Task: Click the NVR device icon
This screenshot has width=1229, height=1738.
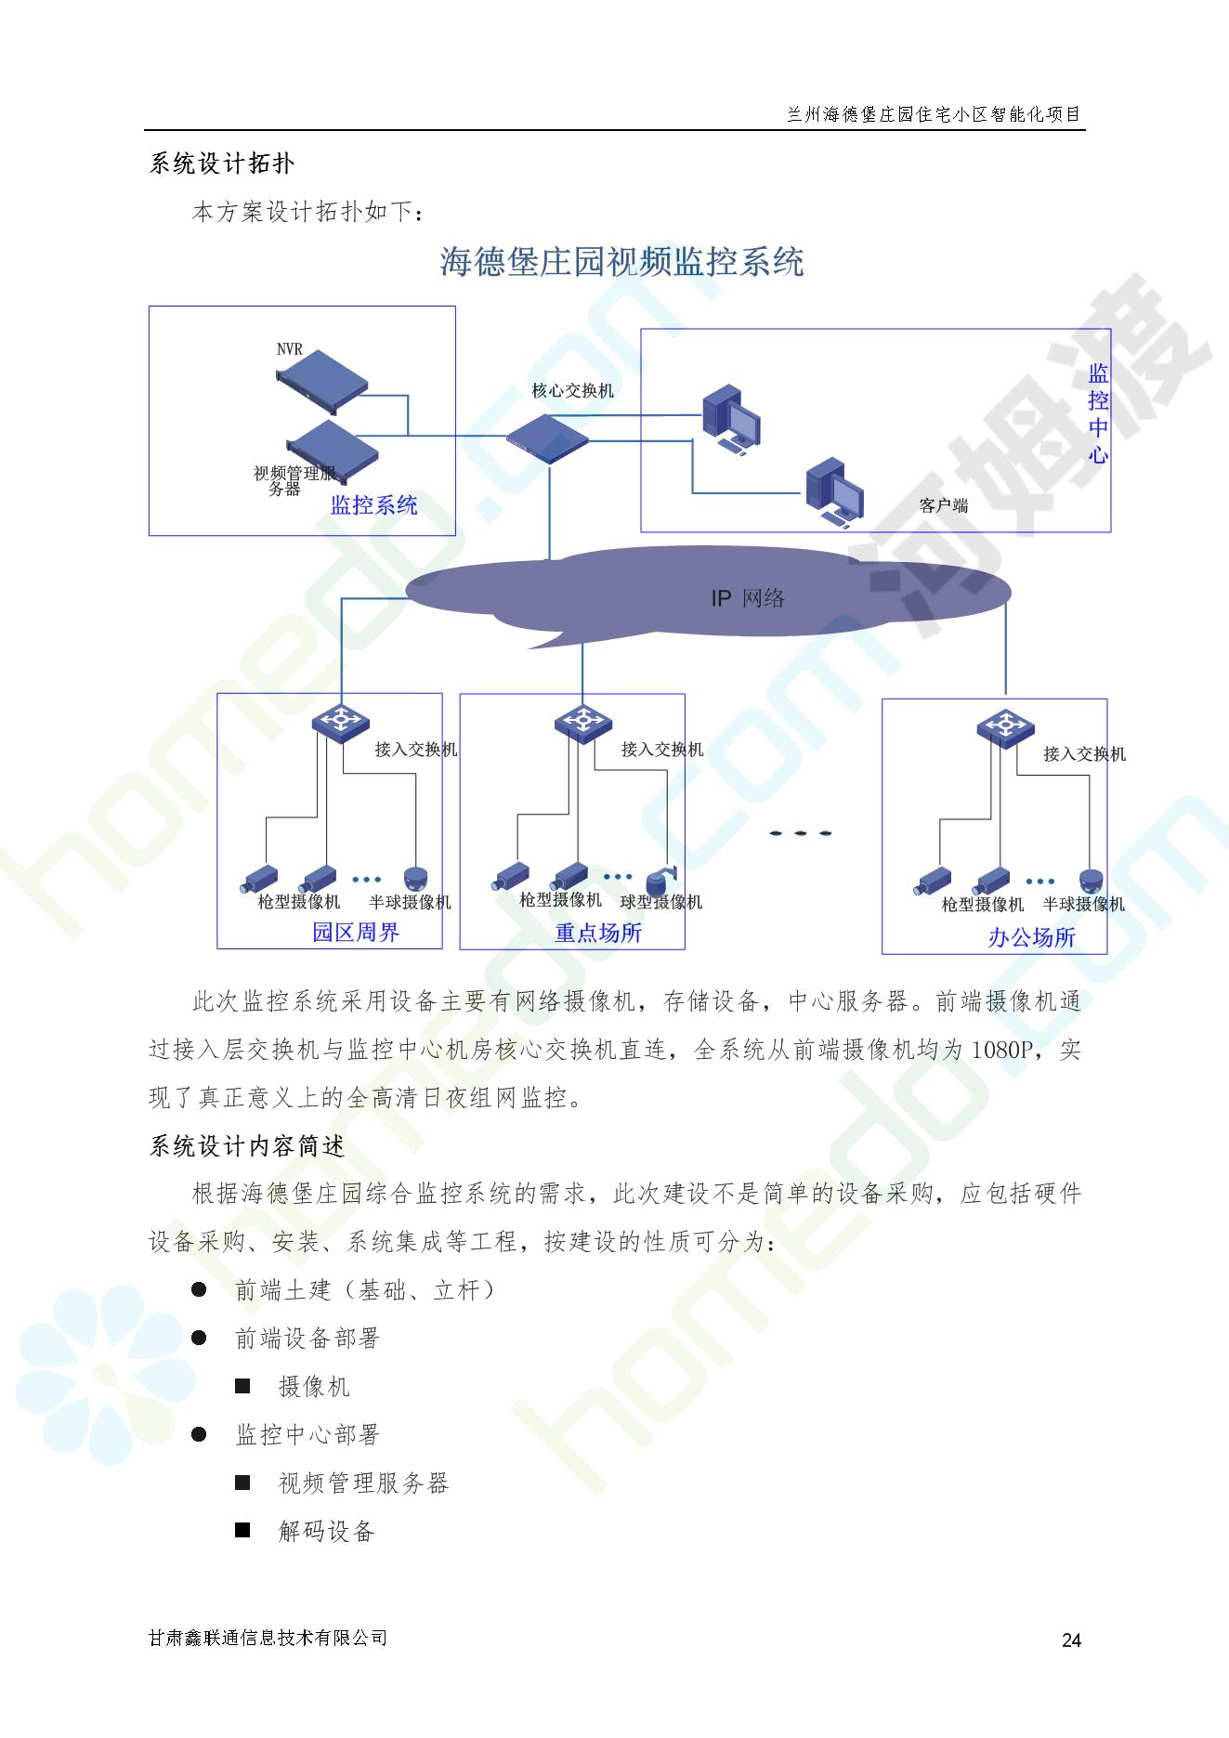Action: coord(321,379)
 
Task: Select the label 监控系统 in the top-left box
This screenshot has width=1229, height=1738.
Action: coord(374,505)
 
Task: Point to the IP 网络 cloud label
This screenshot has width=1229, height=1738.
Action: coord(748,598)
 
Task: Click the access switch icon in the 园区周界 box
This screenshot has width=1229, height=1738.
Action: coord(340,722)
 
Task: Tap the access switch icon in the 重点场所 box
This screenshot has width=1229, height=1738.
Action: coord(582,721)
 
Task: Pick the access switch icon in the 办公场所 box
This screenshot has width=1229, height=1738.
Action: coord(1004,725)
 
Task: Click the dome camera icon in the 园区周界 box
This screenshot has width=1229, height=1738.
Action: coord(417,878)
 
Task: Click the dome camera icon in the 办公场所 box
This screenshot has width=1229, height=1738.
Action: coord(1092,881)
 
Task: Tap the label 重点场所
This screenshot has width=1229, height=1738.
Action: coord(598,933)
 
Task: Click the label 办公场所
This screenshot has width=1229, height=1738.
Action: coord(1031,937)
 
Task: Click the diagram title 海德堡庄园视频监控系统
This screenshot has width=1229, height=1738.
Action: coord(621,263)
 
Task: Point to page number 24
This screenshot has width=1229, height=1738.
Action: coord(1071,1640)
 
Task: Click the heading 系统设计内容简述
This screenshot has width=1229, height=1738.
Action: coord(247,1146)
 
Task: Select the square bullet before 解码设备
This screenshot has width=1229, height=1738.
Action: coord(242,1530)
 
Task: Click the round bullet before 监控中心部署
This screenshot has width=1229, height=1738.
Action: coord(199,1434)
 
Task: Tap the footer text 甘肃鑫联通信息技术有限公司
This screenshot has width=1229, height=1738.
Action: coord(268,1638)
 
